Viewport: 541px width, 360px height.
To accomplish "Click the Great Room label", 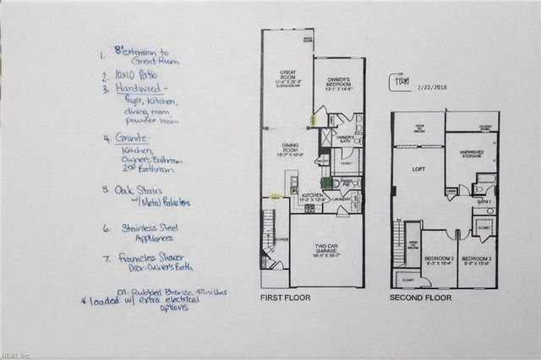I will [287, 76].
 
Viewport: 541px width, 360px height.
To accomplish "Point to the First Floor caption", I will [289, 298].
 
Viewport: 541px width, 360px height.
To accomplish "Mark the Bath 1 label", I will [484, 203].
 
